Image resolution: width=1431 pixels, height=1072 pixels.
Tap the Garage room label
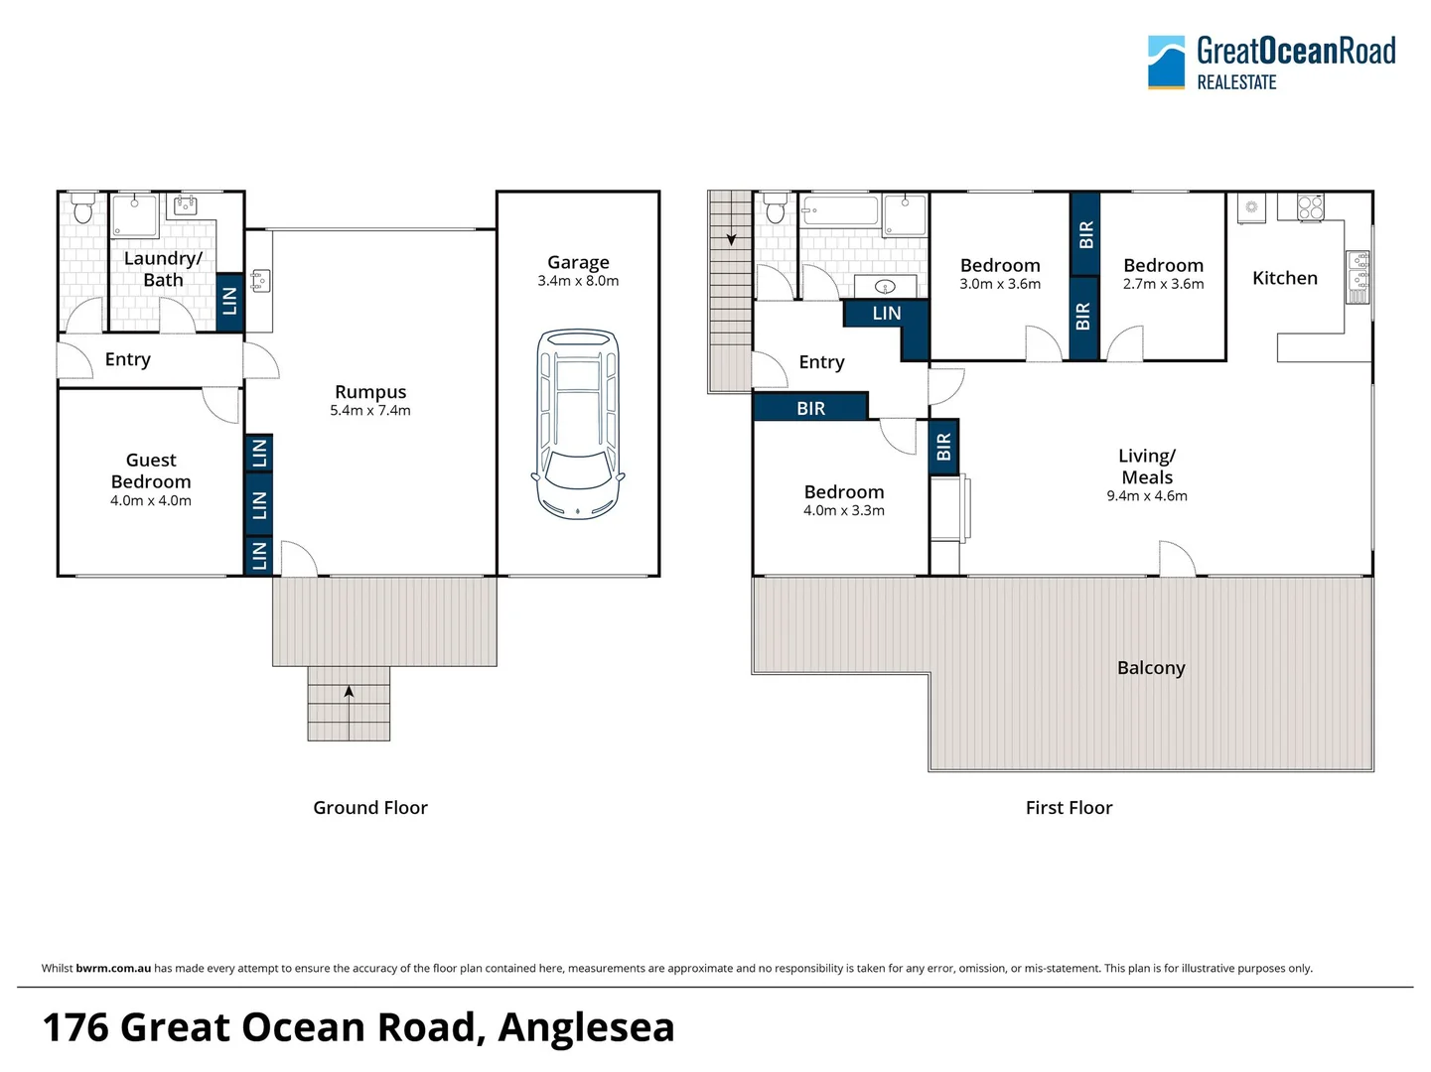[x=578, y=262]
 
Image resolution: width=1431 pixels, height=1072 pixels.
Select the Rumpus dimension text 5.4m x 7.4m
[x=370, y=411]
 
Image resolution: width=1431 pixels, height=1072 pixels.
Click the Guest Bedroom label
[x=151, y=470]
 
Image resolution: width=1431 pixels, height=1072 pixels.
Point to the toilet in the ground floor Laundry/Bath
[x=82, y=208]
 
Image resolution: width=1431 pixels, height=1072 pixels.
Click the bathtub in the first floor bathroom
[x=839, y=210]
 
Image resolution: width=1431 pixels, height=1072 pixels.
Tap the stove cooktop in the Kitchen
[x=1310, y=206]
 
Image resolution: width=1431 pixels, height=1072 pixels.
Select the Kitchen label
[x=1284, y=278]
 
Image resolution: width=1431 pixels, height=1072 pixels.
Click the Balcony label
[x=1151, y=668]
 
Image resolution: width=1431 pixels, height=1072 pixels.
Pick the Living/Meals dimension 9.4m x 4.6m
[x=1147, y=496]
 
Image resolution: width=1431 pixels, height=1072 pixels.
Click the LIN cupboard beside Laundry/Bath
[x=229, y=301]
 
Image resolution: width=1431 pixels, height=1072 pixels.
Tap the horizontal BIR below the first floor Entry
[x=810, y=408]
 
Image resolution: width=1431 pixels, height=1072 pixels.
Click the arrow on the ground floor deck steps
[x=349, y=692]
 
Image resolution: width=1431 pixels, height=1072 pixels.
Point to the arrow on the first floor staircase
[x=732, y=239]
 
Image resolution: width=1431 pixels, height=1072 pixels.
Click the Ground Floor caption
[x=370, y=808]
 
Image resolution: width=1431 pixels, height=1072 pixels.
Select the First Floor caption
[x=1069, y=808]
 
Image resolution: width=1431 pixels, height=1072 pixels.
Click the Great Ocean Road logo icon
[x=1166, y=62]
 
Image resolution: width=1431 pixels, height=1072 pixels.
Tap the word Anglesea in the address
[x=586, y=1027]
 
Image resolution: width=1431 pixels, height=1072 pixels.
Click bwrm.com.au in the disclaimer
[x=113, y=969]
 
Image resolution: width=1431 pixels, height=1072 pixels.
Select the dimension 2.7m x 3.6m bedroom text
[x=1163, y=285]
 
